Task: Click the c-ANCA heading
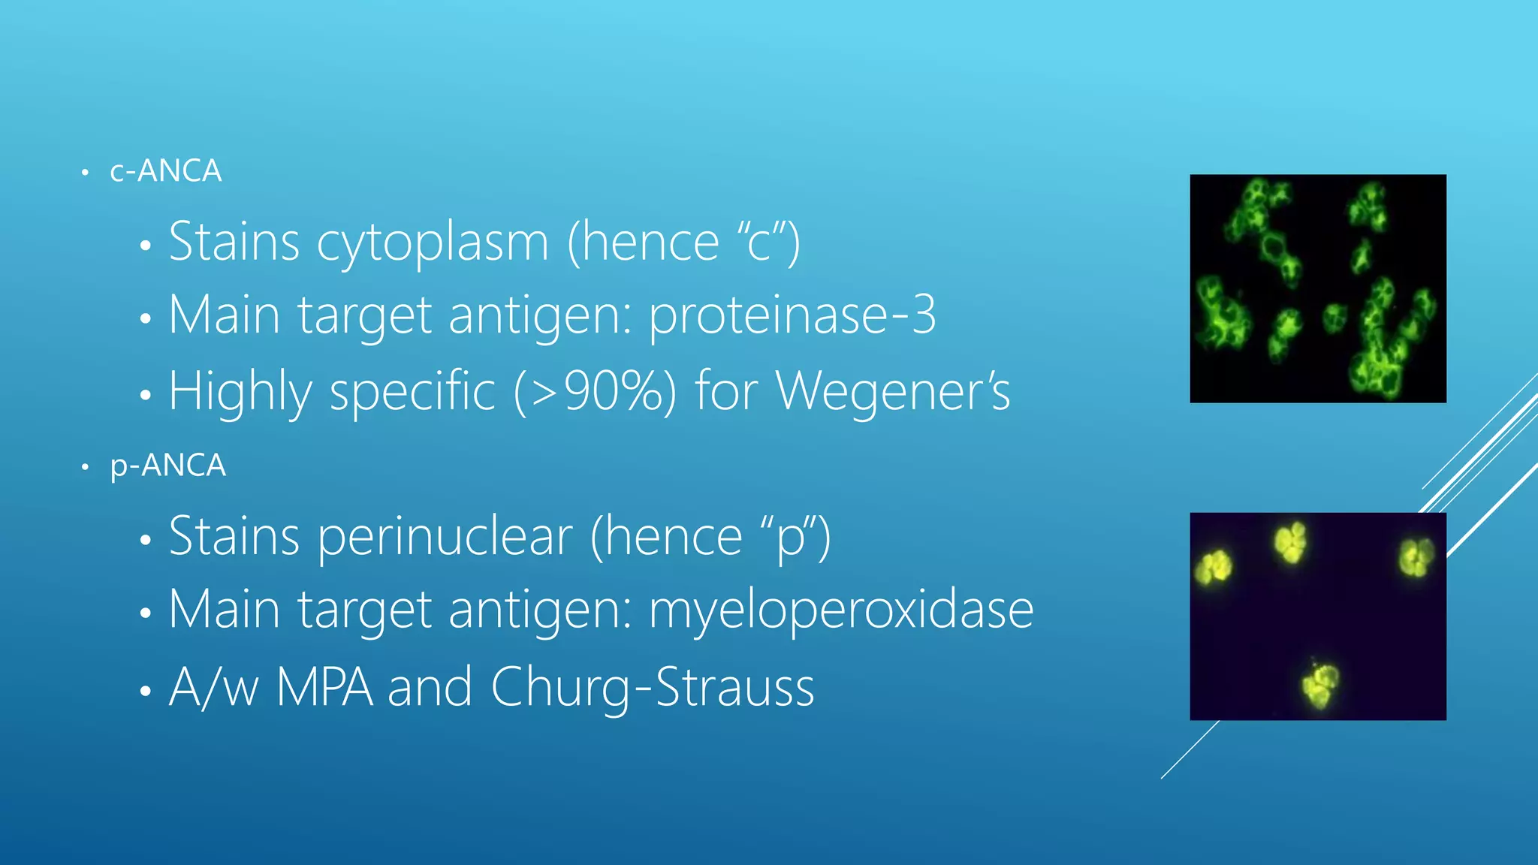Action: (x=165, y=171)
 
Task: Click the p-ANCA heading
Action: (x=167, y=466)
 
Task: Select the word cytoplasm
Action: (x=433, y=243)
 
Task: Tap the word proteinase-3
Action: (x=792, y=315)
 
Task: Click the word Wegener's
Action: (x=893, y=392)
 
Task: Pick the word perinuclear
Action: (x=445, y=538)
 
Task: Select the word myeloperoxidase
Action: (x=841, y=610)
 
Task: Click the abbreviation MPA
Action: (x=324, y=687)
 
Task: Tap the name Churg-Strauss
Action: (x=652, y=687)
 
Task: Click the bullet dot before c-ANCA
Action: (x=86, y=173)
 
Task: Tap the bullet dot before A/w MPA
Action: (x=146, y=690)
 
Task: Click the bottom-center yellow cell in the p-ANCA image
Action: (x=1319, y=683)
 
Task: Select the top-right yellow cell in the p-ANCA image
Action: (x=1416, y=558)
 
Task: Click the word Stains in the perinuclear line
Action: (x=234, y=538)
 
